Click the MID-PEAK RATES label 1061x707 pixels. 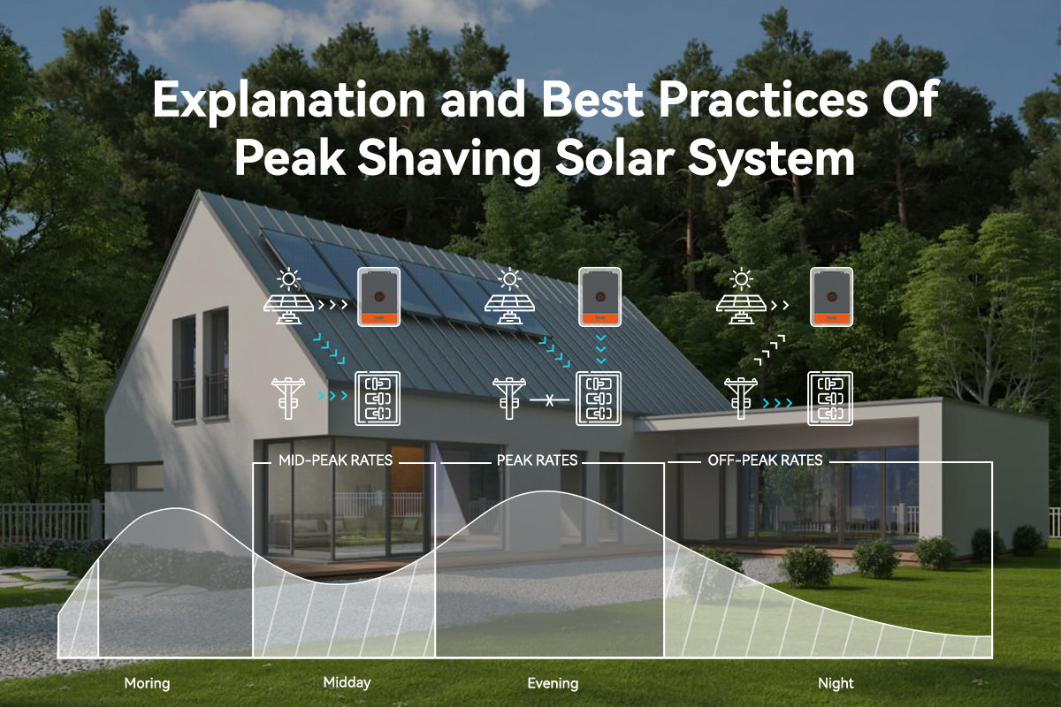tap(335, 460)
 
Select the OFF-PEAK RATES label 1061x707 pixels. tap(765, 460)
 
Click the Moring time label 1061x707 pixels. tap(147, 683)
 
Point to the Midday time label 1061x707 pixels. tap(347, 682)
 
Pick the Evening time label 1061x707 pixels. tap(553, 683)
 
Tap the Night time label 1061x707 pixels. tap(836, 683)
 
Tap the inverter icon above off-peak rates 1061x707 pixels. tap(831, 296)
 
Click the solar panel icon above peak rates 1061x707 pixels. tap(510, 299)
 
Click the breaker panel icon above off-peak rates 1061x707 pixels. tap(830, 399)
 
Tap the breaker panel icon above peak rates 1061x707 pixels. tap(599, 399)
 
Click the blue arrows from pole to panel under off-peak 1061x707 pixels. tap(778, 403)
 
